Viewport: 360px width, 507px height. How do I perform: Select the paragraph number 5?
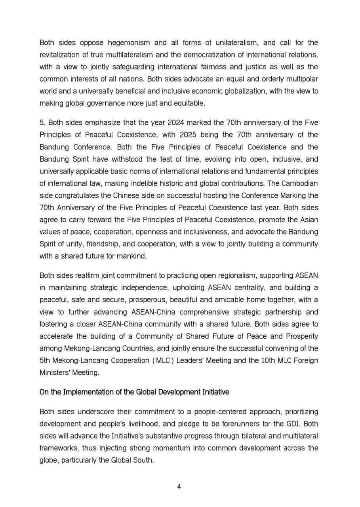pos(42,122)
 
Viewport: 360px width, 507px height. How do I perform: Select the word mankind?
pos(133,256)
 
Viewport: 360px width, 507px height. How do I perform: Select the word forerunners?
pos(233,424)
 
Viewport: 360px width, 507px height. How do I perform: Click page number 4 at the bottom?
pos(179,487)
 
